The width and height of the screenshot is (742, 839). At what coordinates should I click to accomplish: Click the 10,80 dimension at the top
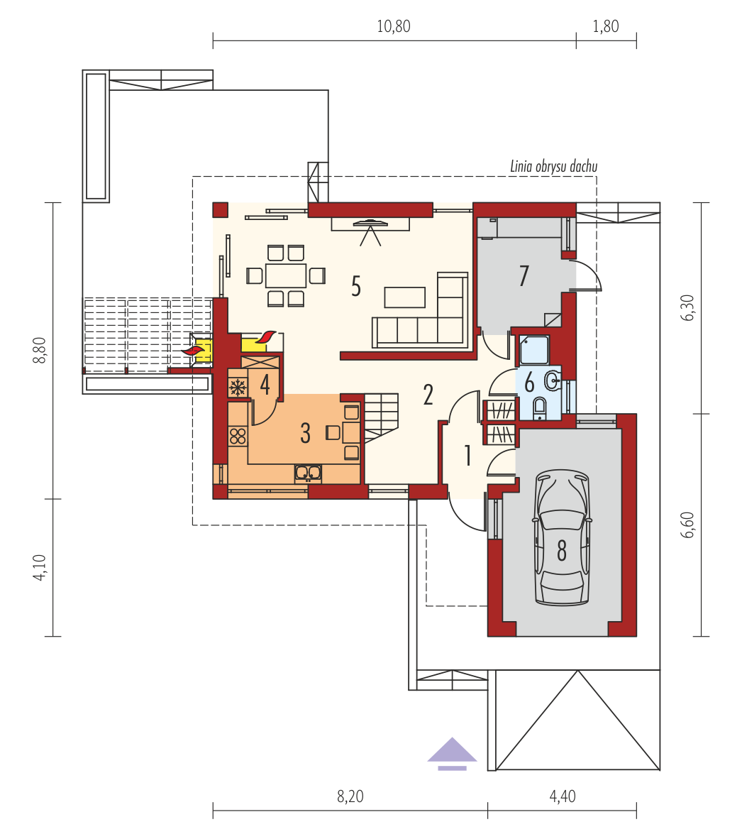(394, 26)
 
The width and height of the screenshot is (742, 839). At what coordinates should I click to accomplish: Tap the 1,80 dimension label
(606, 26)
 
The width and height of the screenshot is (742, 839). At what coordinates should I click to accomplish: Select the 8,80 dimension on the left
(40, 351)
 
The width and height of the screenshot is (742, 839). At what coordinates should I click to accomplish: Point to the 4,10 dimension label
(40, 567)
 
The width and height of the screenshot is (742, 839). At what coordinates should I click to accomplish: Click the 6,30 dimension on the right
(687, 307)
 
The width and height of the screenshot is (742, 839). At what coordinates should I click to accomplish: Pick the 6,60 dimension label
(687, 525)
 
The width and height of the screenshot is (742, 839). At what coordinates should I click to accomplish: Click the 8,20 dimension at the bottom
(350, 796)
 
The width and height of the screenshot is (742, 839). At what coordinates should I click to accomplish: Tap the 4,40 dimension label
(563, 796)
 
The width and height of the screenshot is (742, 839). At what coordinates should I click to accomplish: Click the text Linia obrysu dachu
(553, 166)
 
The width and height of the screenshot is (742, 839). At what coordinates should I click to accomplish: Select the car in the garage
(562, 538)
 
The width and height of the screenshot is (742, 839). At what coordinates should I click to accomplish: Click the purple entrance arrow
(453, 753)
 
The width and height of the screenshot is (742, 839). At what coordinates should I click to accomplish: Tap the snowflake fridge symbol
(238, 388)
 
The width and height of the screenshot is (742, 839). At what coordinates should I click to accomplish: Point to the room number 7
(524, 275)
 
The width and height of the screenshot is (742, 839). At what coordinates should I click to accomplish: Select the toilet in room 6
(540, 409)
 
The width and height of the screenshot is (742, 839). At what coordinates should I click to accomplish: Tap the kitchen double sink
(309, 473)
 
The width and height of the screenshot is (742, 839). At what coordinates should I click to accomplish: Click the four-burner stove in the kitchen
(238, 436)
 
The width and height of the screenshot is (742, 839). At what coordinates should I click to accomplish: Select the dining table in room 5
(286, 275)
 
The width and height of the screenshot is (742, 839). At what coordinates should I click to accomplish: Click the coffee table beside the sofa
(404, 297)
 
